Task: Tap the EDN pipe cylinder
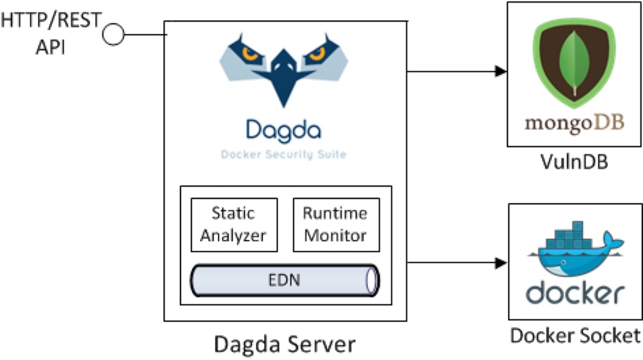285,281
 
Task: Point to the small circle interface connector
114,34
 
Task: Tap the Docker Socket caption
575,335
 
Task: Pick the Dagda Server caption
285,342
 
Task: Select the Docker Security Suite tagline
283,155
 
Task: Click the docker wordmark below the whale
575,293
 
